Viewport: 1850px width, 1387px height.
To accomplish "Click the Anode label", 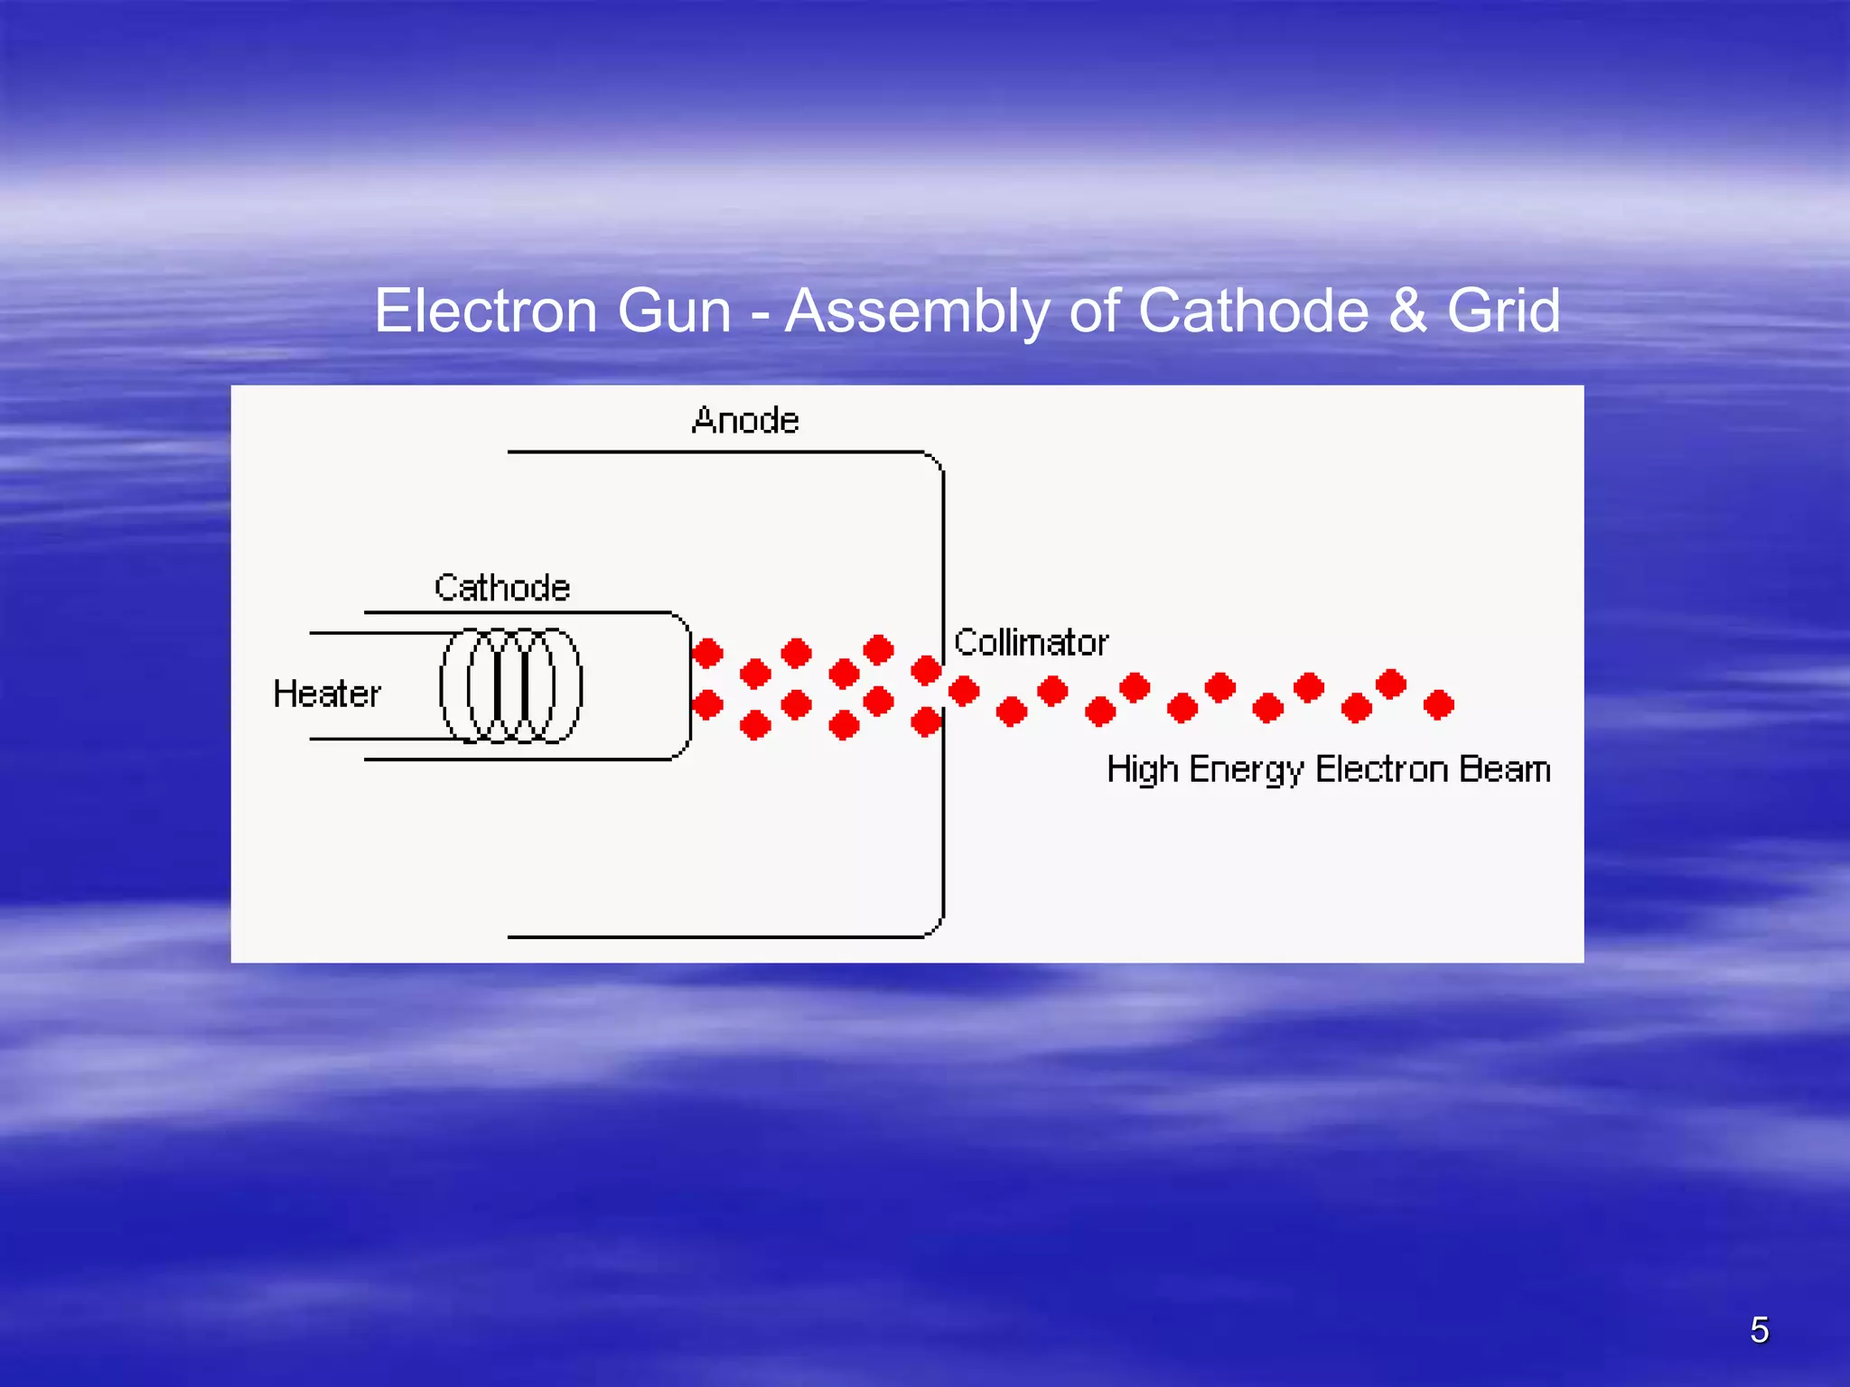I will point(745,421).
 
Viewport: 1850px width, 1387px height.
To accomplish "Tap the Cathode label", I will point(502,588).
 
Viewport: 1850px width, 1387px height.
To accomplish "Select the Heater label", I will point(327,694).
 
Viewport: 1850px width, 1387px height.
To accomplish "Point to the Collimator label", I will point(1031,643).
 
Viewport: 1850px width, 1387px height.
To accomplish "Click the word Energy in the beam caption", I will point(1246,770).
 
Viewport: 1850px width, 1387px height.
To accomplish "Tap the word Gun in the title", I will point(674,312).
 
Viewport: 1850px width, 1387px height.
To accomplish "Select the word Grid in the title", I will point(1503,312).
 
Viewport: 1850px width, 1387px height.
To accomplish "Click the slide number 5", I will point(1759,1330).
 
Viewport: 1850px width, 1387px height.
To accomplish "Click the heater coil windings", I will point(511,685).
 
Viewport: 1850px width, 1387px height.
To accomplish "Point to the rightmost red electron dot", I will point(1438,704).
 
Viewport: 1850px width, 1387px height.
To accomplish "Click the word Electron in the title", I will point(486,312).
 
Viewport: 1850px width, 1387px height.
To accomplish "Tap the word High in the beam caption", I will point(1143,770).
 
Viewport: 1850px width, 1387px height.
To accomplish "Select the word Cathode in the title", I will point(1254,312).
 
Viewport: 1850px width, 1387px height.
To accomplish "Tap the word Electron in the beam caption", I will point(1381,769).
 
